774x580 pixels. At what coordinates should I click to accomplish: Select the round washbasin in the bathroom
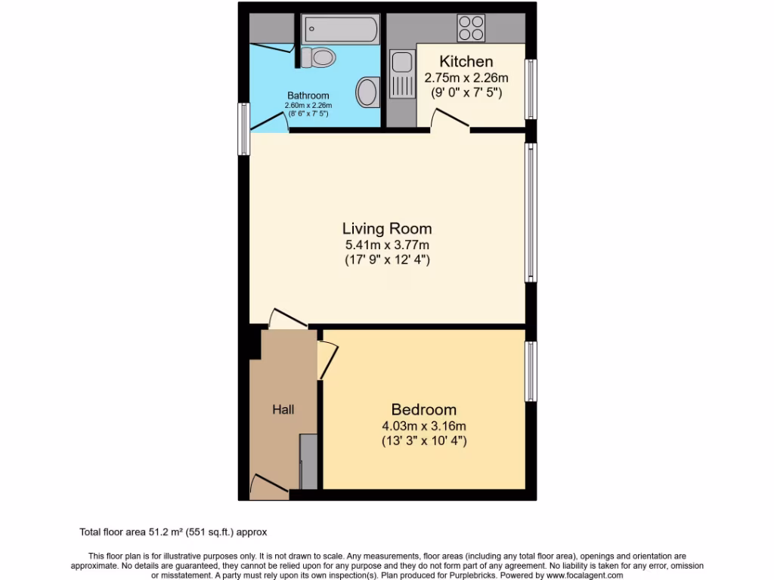(x=368, y=91)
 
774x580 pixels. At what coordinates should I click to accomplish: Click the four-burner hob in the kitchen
(x=471, y=28)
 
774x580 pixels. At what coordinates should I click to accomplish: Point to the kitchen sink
(x=401, y=74)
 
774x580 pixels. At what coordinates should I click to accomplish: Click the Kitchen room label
(x=466, y=62)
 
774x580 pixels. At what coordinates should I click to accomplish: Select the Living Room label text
(x=387, y=228)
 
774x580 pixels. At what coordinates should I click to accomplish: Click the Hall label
(x=283, y=409)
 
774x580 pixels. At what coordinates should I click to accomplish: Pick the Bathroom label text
(x=308, y=96)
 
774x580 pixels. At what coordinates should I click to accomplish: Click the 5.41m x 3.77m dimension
(x=387, y=245)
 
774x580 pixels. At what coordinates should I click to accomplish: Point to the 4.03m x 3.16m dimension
(x=423, y=426)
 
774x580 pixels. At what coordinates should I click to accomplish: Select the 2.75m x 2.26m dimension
(x=466, y=78)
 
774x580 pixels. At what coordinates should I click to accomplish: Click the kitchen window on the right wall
(x=531, y=89)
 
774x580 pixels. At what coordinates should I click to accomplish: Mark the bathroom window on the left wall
(x=244, y=129)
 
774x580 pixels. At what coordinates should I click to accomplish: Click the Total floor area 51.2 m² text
(x=173, y=532)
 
